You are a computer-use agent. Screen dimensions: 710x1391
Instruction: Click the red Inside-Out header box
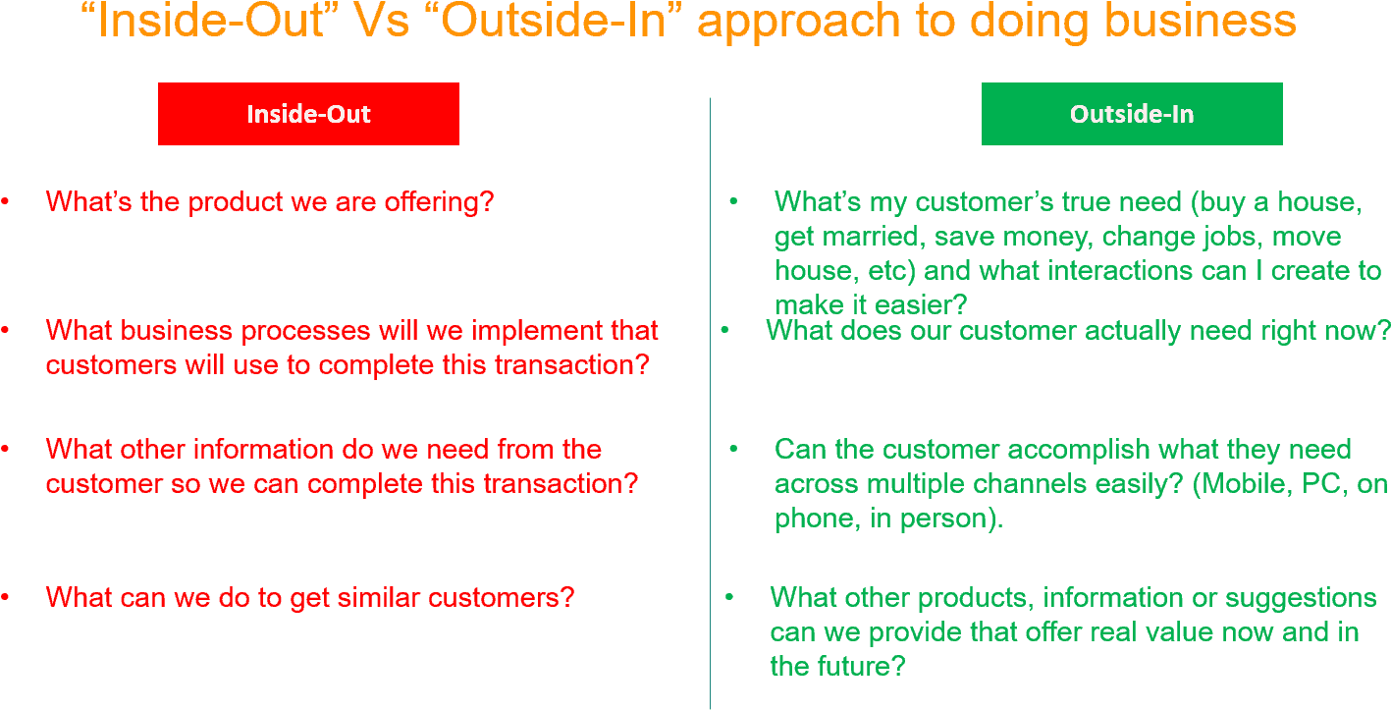tap(308, 114)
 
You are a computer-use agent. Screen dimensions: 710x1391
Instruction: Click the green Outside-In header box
tap(1132, 114)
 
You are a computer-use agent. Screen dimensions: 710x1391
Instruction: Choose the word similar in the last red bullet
tap(340, 597)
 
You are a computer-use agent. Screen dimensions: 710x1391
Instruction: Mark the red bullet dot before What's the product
tap(5, 202)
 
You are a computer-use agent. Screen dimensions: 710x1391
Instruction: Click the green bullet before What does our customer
tap(724, 331)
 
